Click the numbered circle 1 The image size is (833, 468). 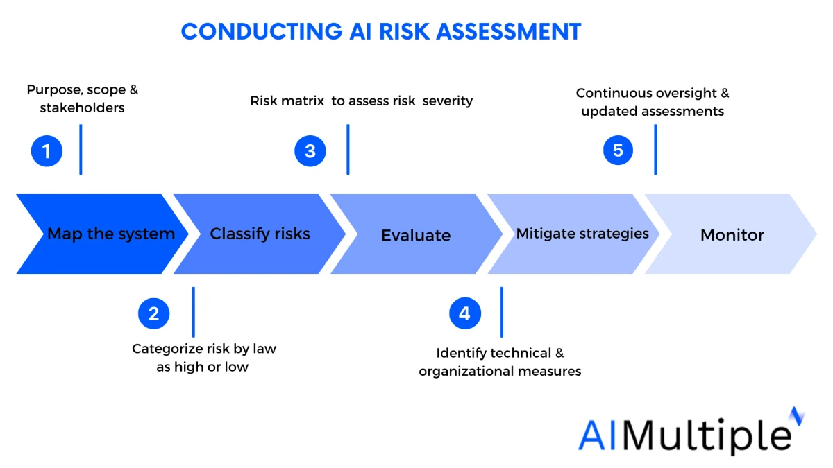(47, 151)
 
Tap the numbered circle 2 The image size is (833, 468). (153, 313)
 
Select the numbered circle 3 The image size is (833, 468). (310, 151)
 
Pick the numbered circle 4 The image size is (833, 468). (464, 313)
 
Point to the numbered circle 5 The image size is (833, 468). (618, 150)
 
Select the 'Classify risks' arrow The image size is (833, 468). (260, 234)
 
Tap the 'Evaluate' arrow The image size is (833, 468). (416, 235)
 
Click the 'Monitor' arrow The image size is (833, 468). (732, 235)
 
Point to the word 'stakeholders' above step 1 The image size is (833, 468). (82, 108)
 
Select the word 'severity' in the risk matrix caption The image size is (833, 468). (448, 101)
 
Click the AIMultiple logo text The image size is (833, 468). (684, 435)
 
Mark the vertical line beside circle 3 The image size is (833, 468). (348, 150)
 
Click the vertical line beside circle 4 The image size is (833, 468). (501, 312)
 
